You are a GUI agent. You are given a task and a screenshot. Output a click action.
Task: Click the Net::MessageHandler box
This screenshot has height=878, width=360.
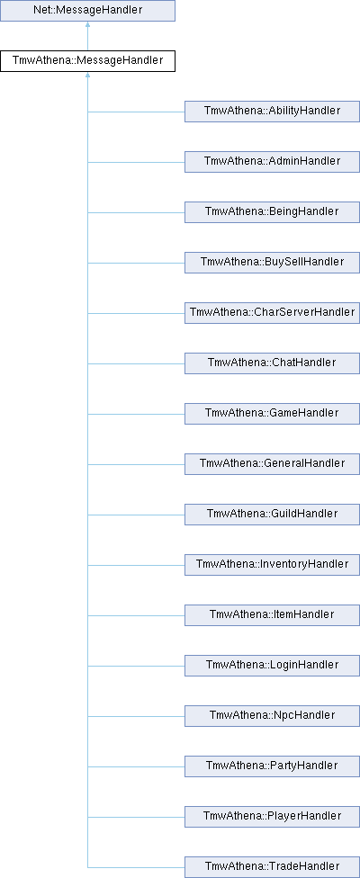point(87,11)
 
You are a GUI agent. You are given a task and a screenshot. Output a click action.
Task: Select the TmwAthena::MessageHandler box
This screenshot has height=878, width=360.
point(87,60)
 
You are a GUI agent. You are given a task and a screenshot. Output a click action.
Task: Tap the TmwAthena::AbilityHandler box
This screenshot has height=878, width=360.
point(272,112)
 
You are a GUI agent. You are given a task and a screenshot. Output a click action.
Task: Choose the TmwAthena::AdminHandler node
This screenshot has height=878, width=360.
point(272,162)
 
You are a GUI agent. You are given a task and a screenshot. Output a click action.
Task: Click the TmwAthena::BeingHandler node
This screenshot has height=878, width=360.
point(272,212)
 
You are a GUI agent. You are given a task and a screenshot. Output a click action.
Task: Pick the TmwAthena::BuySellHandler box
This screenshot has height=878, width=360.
point(272,263)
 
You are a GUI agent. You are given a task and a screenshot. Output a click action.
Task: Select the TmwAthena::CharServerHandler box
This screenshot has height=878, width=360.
point(272,313)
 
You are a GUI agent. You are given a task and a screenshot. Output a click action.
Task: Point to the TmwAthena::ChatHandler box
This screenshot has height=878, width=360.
point(272,363)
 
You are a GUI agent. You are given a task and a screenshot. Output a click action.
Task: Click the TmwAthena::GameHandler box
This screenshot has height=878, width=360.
point(272,414)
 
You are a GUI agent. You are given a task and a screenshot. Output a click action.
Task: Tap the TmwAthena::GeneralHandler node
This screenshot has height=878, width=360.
point(272,464)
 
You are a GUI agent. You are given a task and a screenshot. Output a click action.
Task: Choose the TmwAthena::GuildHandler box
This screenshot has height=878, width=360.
point(272,515)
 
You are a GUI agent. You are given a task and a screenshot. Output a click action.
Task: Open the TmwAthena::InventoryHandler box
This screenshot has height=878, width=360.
point(272,565)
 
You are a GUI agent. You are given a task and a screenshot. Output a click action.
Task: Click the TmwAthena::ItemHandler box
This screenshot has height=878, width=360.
point(272,615)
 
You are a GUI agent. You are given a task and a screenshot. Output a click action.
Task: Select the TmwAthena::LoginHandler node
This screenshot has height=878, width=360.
point(272,666)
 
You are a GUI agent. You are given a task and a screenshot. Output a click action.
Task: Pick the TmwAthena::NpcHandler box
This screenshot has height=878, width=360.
point(272,716)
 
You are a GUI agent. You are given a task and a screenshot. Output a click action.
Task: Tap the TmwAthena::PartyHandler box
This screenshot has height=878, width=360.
point(272,766)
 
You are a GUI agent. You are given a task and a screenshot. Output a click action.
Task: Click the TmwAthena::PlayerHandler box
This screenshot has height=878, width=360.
point(272,817)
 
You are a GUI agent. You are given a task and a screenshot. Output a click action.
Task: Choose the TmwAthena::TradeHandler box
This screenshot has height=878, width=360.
point(272,867)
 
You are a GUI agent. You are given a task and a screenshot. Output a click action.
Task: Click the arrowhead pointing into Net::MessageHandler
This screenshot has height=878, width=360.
point(87,24)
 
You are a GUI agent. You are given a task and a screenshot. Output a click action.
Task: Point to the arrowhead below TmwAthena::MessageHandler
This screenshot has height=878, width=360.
point(87,75)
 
